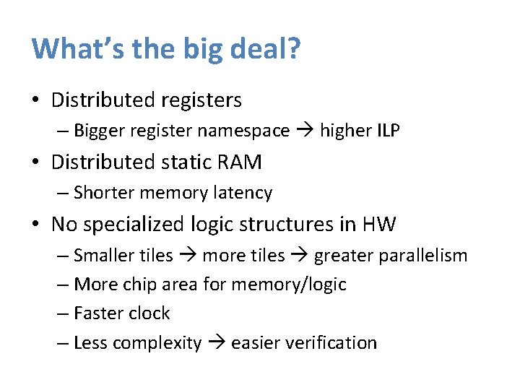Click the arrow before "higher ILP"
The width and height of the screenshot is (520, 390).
coord(304,131)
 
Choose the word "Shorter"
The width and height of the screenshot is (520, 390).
coord(104,193)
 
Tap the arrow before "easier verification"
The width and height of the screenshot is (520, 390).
coord(216,342)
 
